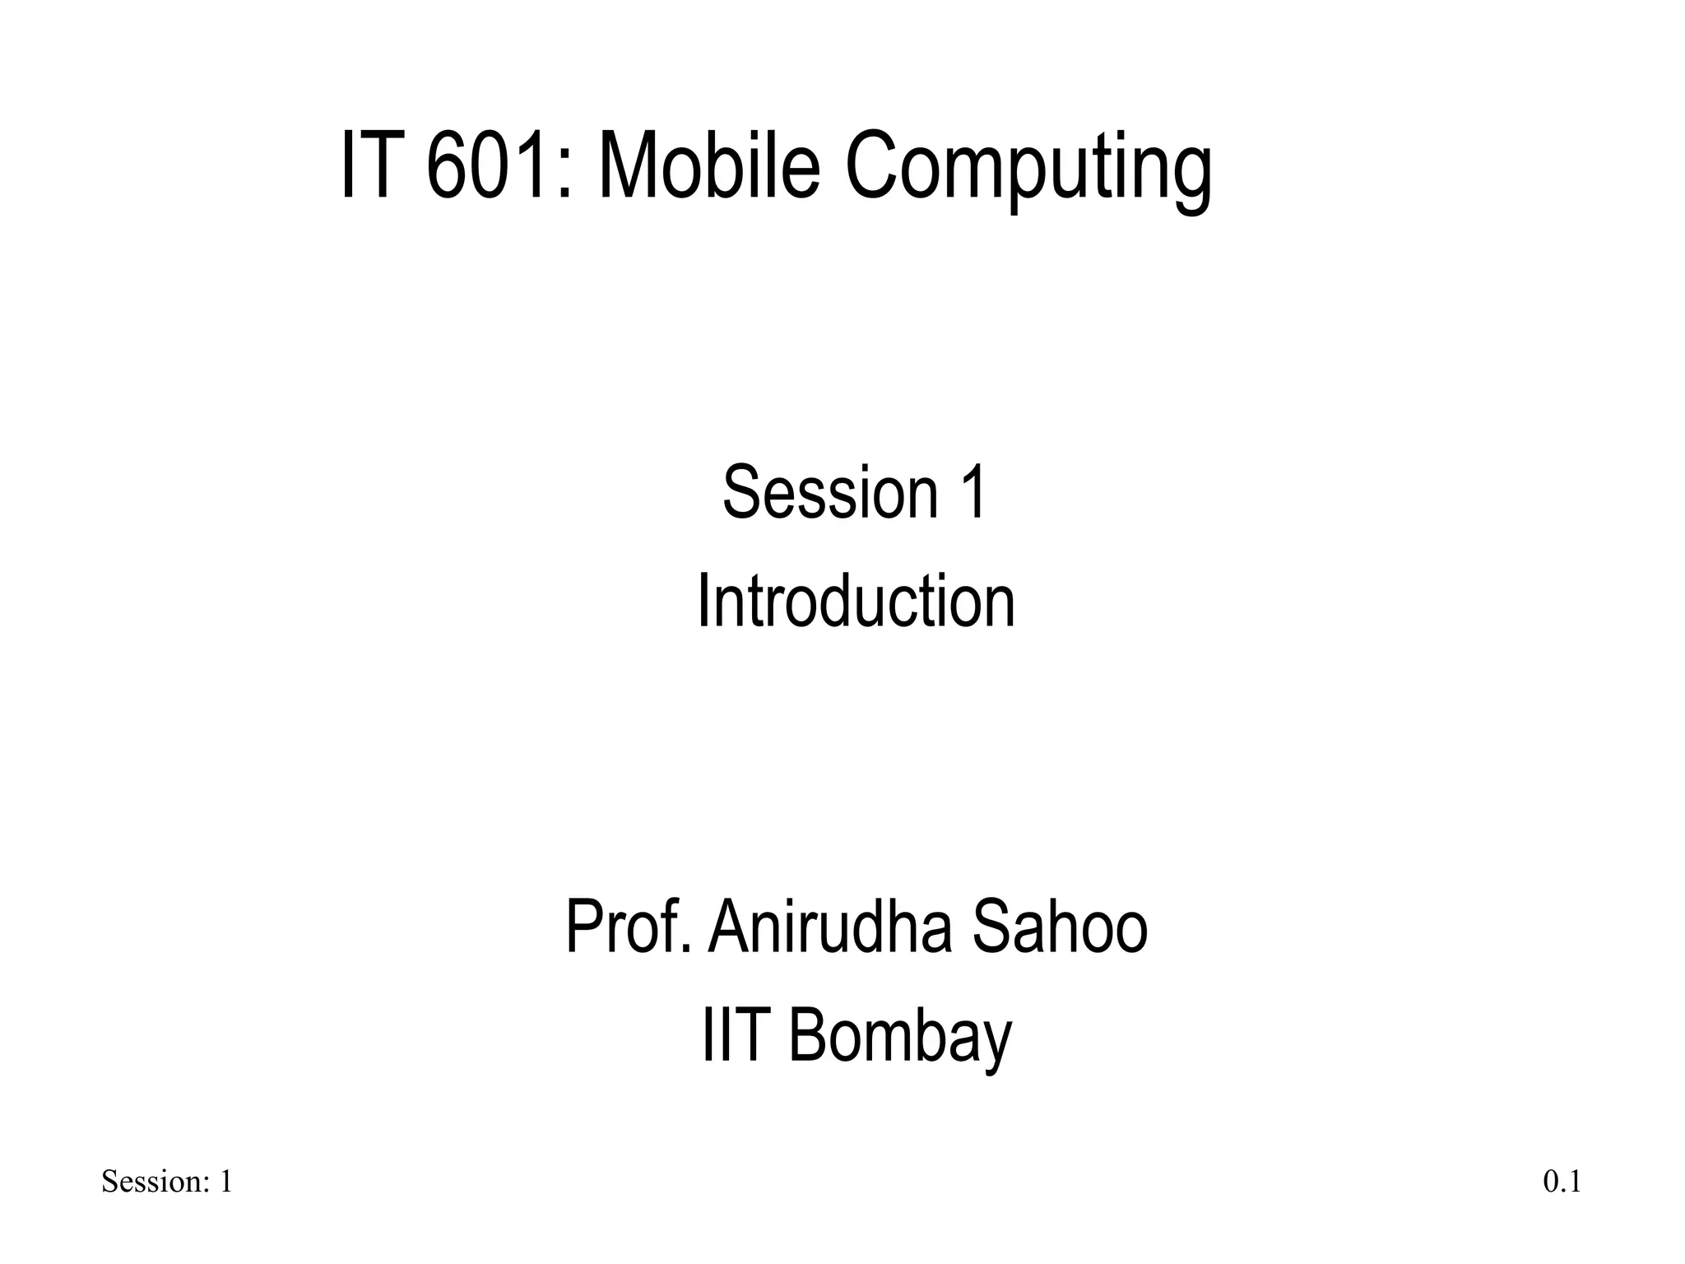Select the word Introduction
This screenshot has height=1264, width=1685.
(856, 602)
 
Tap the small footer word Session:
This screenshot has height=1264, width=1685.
(156, 1183)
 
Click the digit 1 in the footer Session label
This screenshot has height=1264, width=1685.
(225, 1183)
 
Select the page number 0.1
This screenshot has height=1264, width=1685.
(1562, 1183)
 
